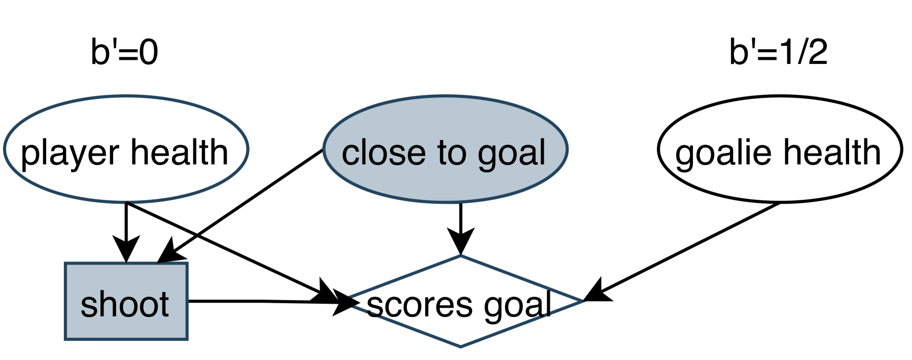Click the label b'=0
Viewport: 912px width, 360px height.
[124, 52]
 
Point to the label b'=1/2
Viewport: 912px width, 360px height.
[778, 52]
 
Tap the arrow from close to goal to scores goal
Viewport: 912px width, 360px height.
[461, 223]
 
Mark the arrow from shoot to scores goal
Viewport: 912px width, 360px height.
[254, 301]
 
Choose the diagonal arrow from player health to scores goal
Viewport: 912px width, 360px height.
[228, 248]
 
